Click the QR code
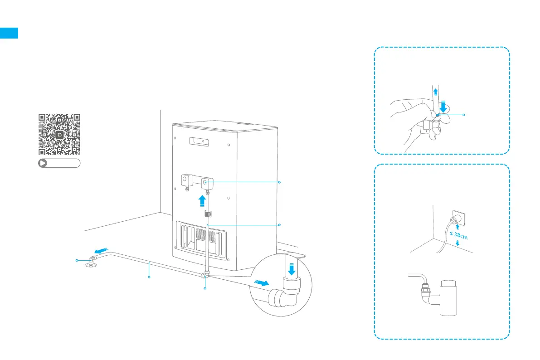[x=59, y=134]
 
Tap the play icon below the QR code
[x=43, y=164]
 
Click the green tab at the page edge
[x=9, y=33]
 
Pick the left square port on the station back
[x=186, y=180]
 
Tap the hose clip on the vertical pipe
[x=209, y=213]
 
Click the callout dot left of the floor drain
[x=77, y=260]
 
